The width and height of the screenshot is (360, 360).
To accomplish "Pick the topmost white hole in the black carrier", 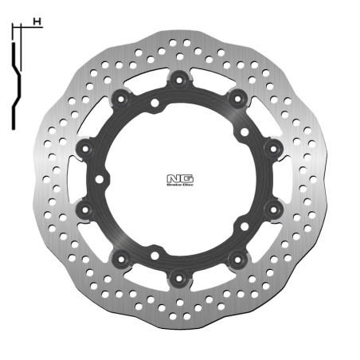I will pos(153,103).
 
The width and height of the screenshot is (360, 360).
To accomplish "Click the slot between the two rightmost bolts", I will pos(284,178).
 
